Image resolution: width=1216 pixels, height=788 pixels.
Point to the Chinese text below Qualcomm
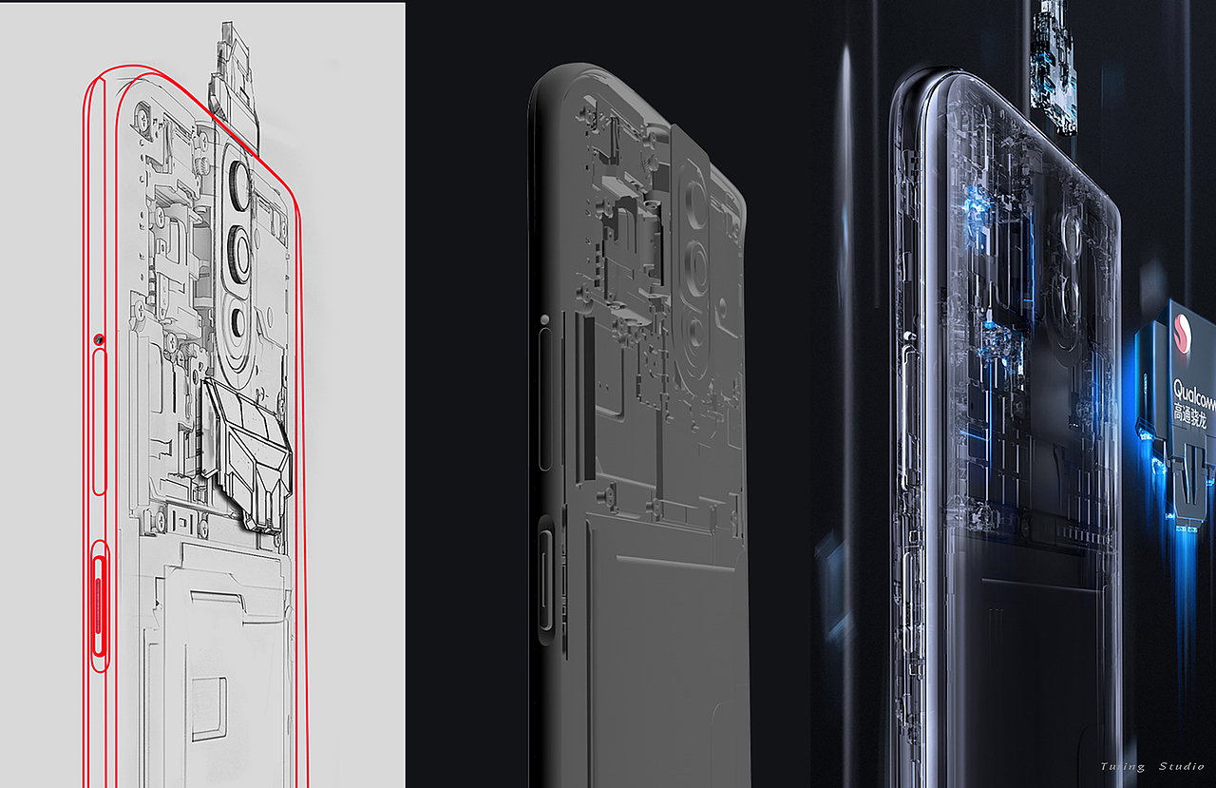click(1193, 413)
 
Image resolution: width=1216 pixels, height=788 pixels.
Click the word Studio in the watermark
click(1181, 766)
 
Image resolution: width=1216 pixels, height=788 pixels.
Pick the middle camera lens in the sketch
click(237, 252)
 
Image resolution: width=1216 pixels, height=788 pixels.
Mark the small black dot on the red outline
click(98, 339)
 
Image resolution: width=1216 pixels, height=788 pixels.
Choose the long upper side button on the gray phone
click(545, 399)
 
